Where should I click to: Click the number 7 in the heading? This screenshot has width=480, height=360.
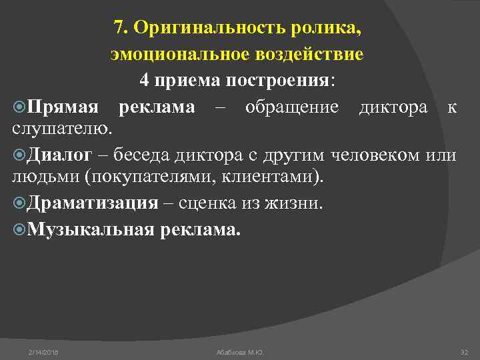tap(119, 29)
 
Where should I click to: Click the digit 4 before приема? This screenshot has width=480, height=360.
tap(145, 81)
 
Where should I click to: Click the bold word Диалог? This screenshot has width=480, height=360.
tap(61, 156)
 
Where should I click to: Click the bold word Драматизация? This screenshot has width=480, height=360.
tap(93, 203)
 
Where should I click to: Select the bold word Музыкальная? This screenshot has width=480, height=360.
tap(91, 229)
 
